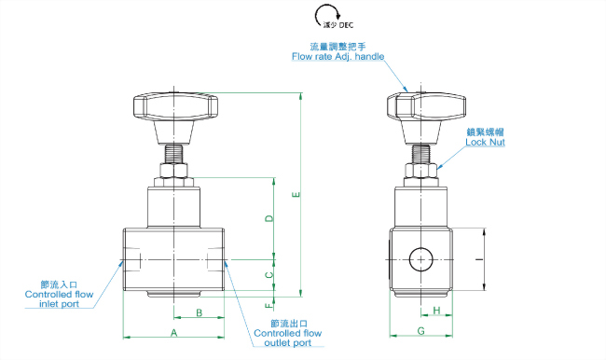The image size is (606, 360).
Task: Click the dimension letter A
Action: point(174,333)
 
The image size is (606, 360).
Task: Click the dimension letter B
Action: point(199,312)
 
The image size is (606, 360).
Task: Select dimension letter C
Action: point(269,275)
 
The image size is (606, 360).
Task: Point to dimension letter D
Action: point(269,218)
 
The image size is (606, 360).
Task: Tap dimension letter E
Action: point(296,195)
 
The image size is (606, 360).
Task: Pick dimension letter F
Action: point(269,306)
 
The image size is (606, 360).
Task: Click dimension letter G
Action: point(420,331)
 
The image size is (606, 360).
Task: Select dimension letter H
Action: point(436,311)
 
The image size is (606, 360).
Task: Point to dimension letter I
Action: point(479,259)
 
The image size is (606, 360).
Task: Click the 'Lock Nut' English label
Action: point(485,143)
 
